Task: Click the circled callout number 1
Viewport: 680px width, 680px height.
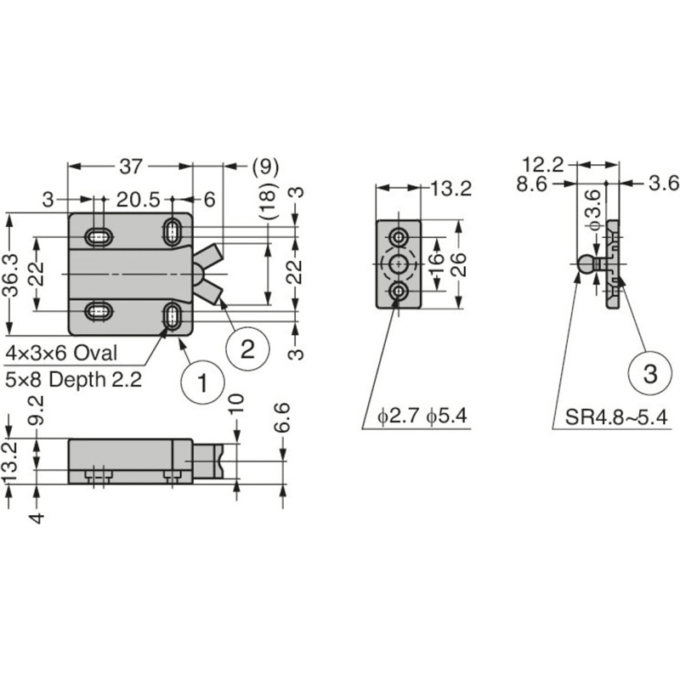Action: coord(202,382)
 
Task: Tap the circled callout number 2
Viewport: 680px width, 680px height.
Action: coord(247,349)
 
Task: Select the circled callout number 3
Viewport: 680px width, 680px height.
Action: coord(650,373)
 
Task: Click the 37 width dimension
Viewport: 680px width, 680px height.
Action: coord(131,167)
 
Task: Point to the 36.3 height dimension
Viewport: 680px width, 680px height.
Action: coord(11,275)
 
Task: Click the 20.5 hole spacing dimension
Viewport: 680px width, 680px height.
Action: coord(139,200)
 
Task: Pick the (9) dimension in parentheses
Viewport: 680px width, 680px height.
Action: coord(265,167)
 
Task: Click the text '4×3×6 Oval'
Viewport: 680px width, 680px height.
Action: coord(61,353)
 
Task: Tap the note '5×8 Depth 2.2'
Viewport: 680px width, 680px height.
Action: coord(73,380)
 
